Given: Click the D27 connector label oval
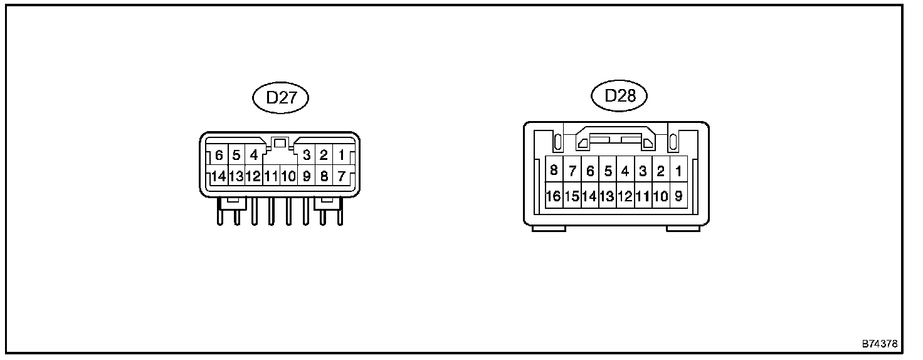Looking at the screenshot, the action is (280, 98).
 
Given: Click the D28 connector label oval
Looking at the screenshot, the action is (619, 96).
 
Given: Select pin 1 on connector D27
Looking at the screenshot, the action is (341, 155).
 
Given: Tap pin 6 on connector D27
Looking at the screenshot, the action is (219, 155).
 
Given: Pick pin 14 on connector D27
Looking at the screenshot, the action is (218, 176).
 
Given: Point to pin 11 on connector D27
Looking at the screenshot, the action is (271, 176).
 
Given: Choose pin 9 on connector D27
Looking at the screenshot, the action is (306, 176).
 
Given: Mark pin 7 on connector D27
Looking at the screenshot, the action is (341, 176).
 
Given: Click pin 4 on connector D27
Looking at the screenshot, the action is (253, 155).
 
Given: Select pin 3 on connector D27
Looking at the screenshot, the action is (307, 155).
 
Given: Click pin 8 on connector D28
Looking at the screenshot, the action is (554, 171).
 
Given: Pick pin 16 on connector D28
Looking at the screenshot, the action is (553, 196).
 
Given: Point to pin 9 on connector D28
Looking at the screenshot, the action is (678, 196).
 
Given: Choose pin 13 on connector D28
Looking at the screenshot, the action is (607, 196).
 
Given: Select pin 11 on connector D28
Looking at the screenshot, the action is (643, 196).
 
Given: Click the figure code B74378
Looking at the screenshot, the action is (880, 344).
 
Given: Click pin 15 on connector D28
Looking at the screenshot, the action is (571, 196).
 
